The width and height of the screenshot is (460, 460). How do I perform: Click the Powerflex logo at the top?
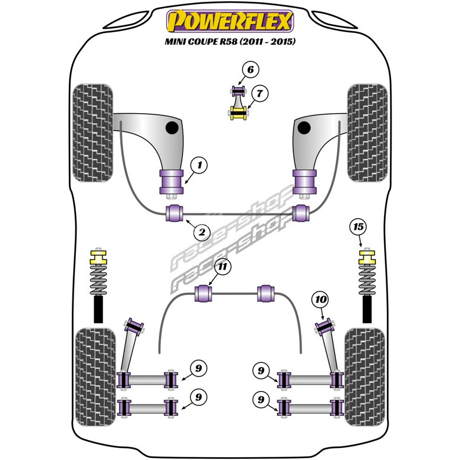point(230,22)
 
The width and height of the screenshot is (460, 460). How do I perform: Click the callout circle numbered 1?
point(200,166)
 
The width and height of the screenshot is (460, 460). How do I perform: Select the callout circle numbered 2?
point(201,233)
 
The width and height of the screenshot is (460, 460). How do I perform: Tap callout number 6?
point(250,70)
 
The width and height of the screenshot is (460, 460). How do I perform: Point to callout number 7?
point(259,93)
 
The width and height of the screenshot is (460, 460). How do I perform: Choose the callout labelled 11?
point(223,267)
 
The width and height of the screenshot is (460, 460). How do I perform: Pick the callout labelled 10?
point(321,299)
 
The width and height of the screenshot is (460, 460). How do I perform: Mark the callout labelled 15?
point(359,227)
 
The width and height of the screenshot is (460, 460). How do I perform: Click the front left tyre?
point(92,132)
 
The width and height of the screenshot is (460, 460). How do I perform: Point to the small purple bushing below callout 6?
point(238,91)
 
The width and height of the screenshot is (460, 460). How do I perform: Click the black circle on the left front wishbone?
point(172,126)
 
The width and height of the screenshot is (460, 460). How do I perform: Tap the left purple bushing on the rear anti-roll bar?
point(205,293)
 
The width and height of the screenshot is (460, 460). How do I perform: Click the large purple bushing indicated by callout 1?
point(171,183)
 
